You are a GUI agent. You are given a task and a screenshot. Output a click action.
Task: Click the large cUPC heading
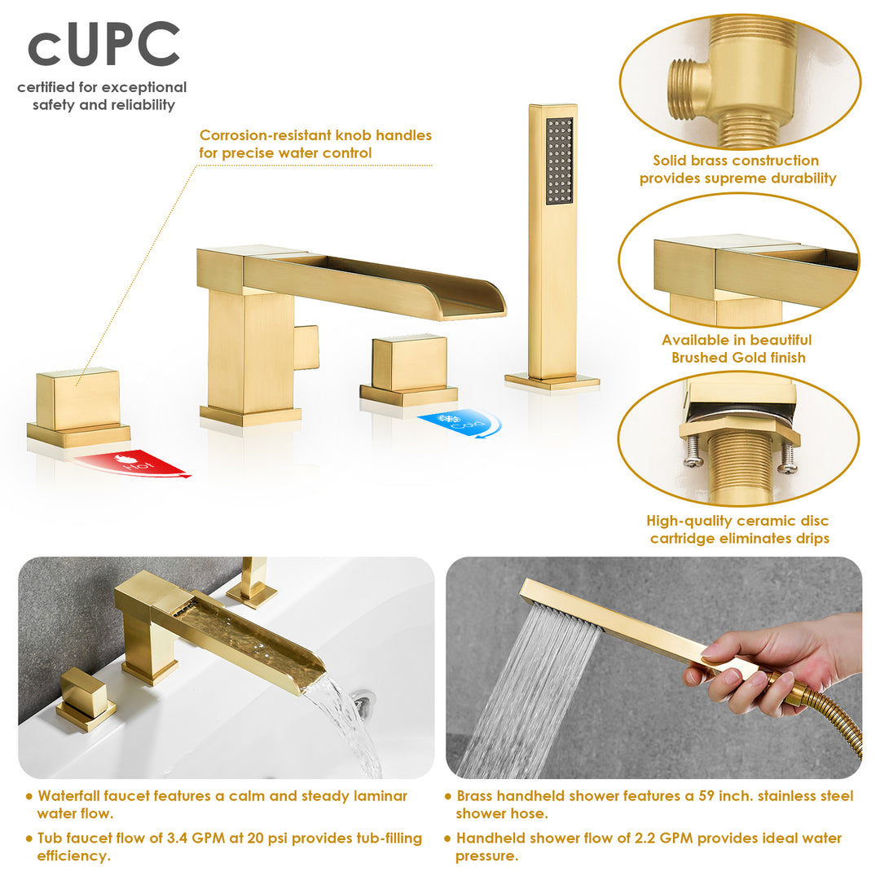point(103,46)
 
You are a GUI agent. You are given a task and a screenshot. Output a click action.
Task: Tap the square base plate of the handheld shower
point(552,381)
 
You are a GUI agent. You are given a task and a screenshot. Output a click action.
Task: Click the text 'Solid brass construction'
point(736,161)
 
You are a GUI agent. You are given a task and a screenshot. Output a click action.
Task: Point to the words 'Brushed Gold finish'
point(738,358)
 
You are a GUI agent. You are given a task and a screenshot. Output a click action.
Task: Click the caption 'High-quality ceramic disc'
point(737,521)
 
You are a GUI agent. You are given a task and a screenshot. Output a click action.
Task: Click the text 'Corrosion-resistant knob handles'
point(315,135)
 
